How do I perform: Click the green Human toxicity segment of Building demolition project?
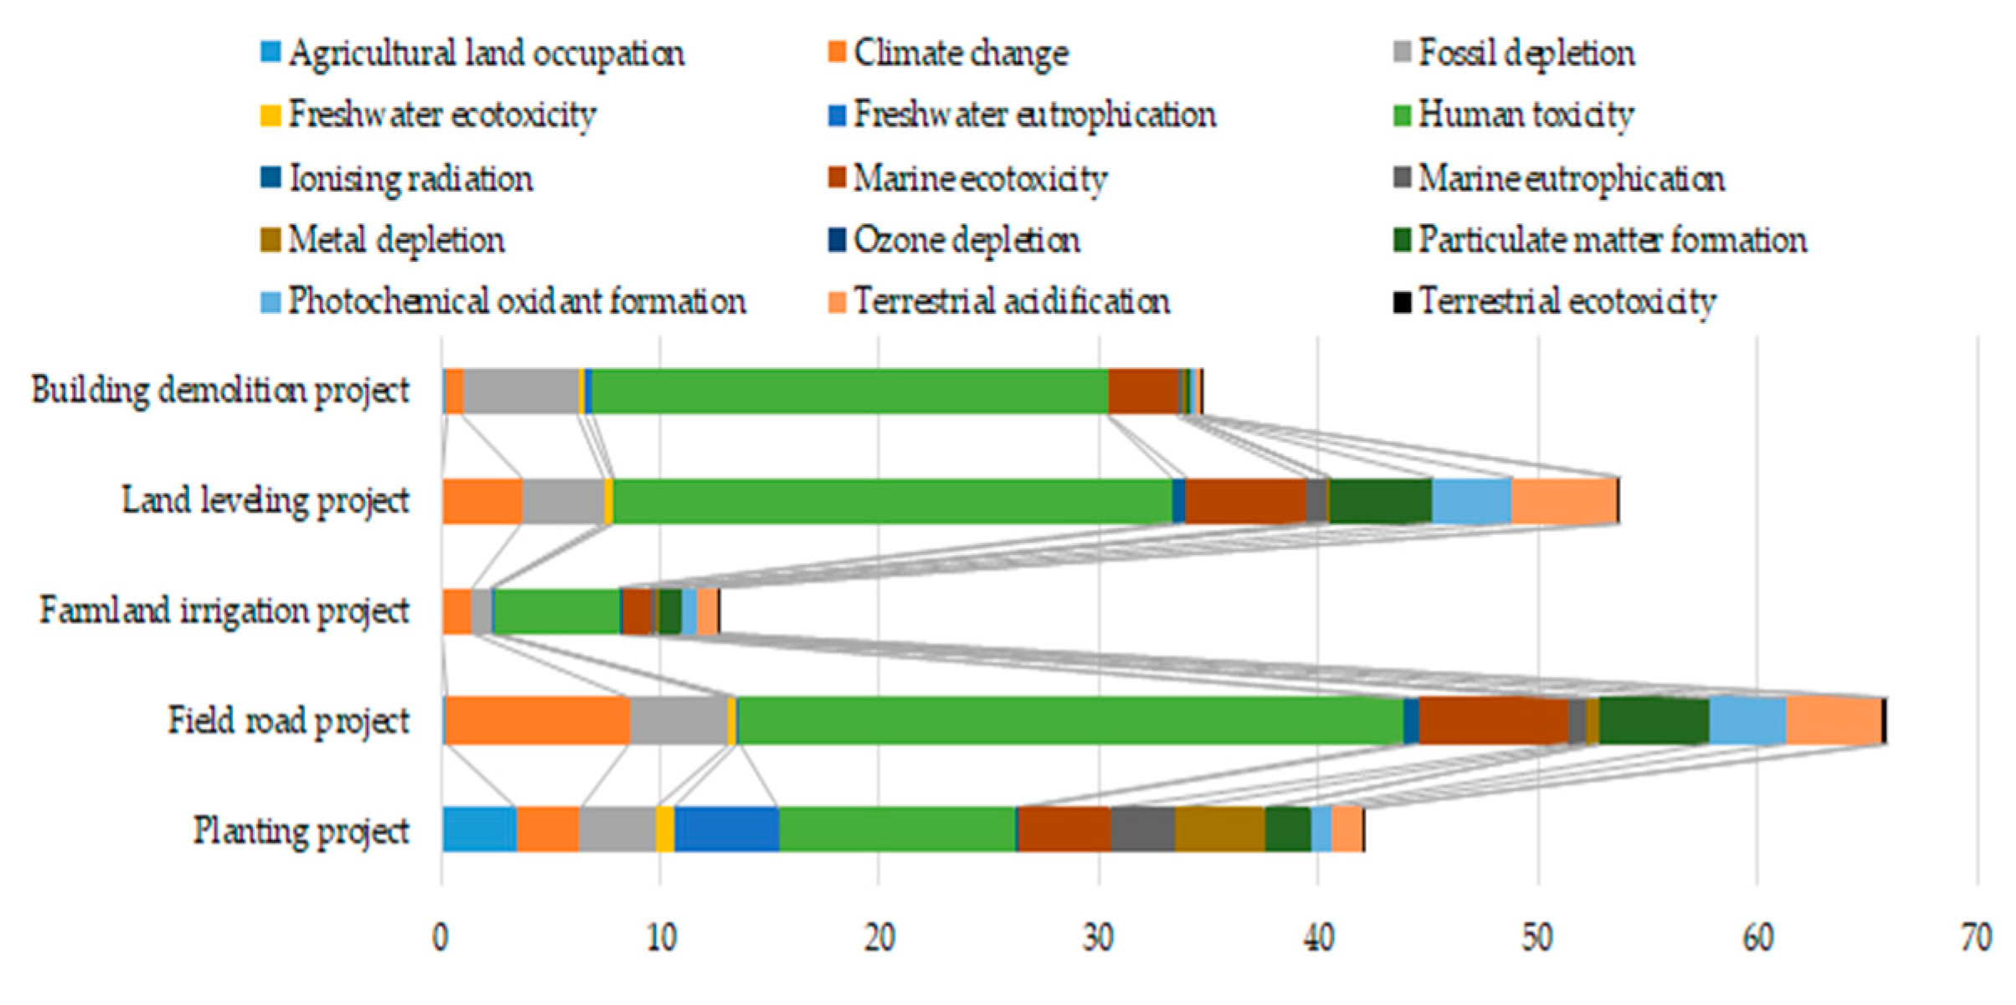click(x=849, y=391)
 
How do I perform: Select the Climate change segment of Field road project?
click(x=536, y=720)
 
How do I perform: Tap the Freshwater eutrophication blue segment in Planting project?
click(x=726, y=830)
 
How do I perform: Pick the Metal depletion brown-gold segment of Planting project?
click(x=1219, y=830)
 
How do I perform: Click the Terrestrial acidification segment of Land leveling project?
click(x=1563, y=501)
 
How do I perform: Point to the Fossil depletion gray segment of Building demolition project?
click(x=521, y=391)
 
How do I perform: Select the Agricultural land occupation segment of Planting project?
click(x=480, y=830)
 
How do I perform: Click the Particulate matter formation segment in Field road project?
click(x=1654, y=720)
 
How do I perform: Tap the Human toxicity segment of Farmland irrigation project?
click(x=557, y=612)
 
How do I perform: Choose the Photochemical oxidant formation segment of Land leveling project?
click(x=1471, y=501)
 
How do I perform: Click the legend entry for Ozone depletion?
click(x=966, y=241)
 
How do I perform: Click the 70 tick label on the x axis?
click(x=1976, y=938)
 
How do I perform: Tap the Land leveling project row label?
click(x=265, y=501)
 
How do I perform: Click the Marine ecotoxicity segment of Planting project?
click(x=1064, y=830)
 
